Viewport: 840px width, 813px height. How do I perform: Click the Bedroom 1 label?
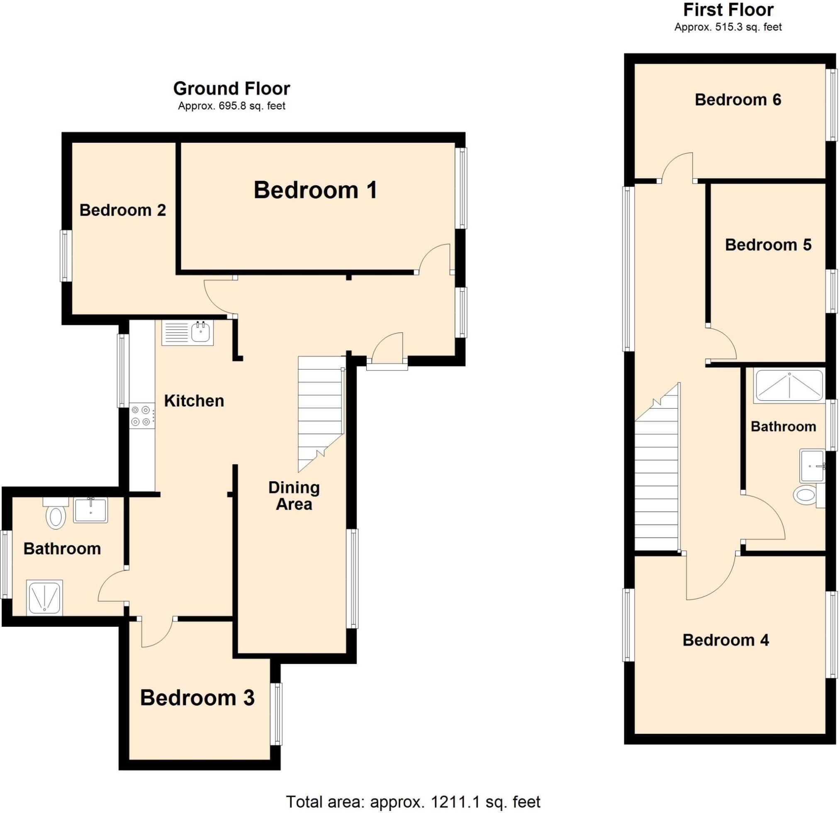coord(315,190)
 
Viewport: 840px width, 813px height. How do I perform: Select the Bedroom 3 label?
coord(197,698)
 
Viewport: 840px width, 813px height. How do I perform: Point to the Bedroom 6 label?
coord(738,100)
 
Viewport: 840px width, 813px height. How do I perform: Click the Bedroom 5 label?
coord(768,245)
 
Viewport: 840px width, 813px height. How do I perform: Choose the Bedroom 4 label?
coord(726,640)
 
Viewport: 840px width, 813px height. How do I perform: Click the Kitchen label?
coord(194,401)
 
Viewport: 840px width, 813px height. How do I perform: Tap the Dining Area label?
coord(294,496)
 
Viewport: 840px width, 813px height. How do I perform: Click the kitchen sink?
coord(187,333)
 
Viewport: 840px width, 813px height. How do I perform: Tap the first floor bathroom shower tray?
coord(789,386)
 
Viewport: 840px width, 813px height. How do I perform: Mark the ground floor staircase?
coord(321,411)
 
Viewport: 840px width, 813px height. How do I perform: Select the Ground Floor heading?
coord(231,89)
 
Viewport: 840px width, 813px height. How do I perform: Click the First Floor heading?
coord(728,10)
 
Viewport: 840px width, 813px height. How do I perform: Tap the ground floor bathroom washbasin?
coord(90,510)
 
